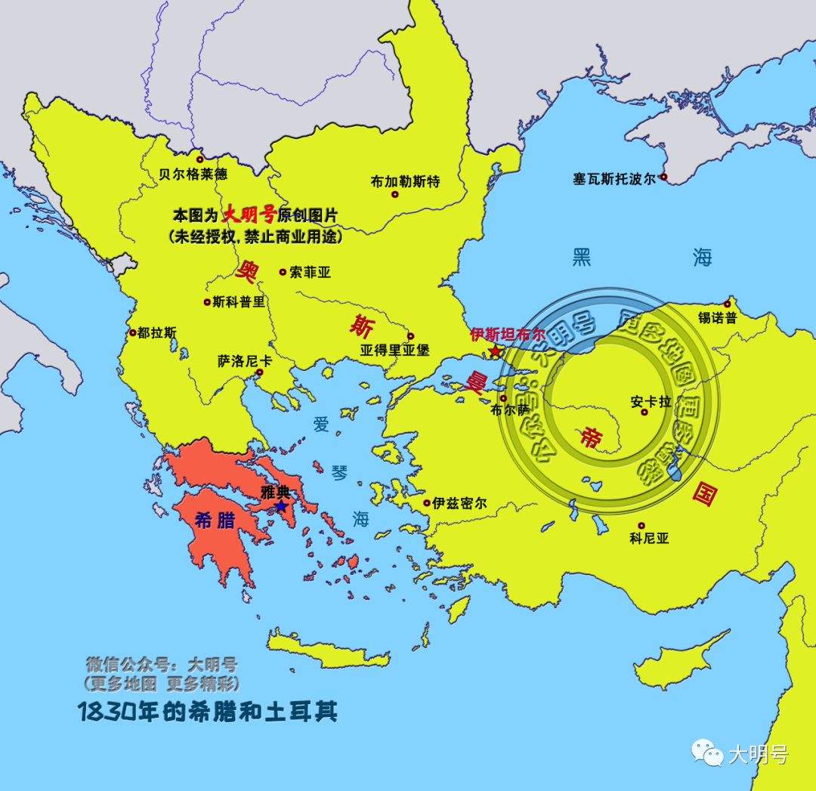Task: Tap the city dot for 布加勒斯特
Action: (394, 194)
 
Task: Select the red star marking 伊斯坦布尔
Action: (495, 351)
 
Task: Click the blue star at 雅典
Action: (281, 505)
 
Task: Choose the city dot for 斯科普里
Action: (207, 302)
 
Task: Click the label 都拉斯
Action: (157, 332)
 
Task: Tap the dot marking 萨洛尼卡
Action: (259, 372)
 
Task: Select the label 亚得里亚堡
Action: (394, 351)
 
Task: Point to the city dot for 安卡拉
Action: (644, 412)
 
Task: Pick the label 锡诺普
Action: (718, 318)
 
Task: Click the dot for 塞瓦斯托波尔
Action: (663, 178)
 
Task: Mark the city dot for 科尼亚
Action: (641, 526)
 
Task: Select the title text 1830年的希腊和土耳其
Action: (207, 712)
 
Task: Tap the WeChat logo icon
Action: (707, 752)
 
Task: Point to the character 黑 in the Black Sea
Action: (582, 258)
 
